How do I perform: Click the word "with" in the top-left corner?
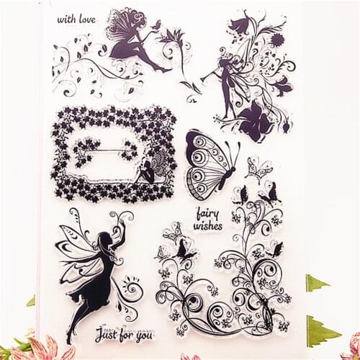(66, 19)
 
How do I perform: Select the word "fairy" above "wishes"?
(207, 213)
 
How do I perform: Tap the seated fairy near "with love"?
(130, 36)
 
